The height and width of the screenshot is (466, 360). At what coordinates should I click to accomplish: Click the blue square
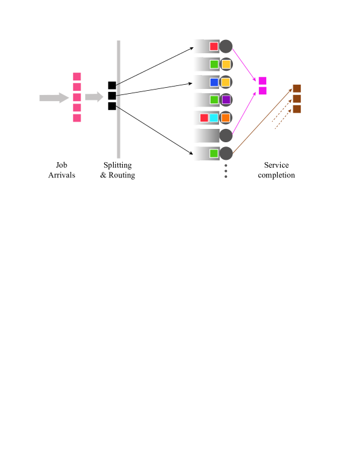pos(214,82)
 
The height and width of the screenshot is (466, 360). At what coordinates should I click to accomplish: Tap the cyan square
pos(214,118)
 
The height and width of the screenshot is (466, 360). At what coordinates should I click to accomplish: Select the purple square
pos(226,100)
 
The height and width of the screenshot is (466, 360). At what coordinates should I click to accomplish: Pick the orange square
pos(226,118)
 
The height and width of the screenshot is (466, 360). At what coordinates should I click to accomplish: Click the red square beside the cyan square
pos(204,118)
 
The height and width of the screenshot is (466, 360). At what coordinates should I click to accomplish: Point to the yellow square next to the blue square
pos(226,82)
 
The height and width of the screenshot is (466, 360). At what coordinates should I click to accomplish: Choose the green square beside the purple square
pos(214,100)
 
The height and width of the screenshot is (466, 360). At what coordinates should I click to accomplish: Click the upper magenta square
pos(263,80)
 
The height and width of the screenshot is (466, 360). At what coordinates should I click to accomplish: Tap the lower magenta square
pos(263,91)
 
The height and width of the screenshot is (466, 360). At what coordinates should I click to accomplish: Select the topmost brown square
pos(296,88)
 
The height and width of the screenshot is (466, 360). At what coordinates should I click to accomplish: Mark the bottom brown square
pos(296,109)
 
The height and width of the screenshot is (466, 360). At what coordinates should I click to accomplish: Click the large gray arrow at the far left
pos(54,98)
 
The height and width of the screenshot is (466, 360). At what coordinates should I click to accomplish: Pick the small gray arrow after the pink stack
pos(94,97)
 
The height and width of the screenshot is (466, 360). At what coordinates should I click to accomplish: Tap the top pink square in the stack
pos(77,76)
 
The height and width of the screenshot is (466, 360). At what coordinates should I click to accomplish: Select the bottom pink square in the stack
pos(77,118)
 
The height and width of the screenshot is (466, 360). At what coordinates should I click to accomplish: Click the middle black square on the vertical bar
pos(112,96)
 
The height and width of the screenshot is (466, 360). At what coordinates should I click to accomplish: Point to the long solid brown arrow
pos(263,121)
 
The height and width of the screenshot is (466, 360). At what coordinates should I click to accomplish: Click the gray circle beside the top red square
pos(226,47)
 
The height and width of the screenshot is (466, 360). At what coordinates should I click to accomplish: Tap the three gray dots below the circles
pos(226,171)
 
